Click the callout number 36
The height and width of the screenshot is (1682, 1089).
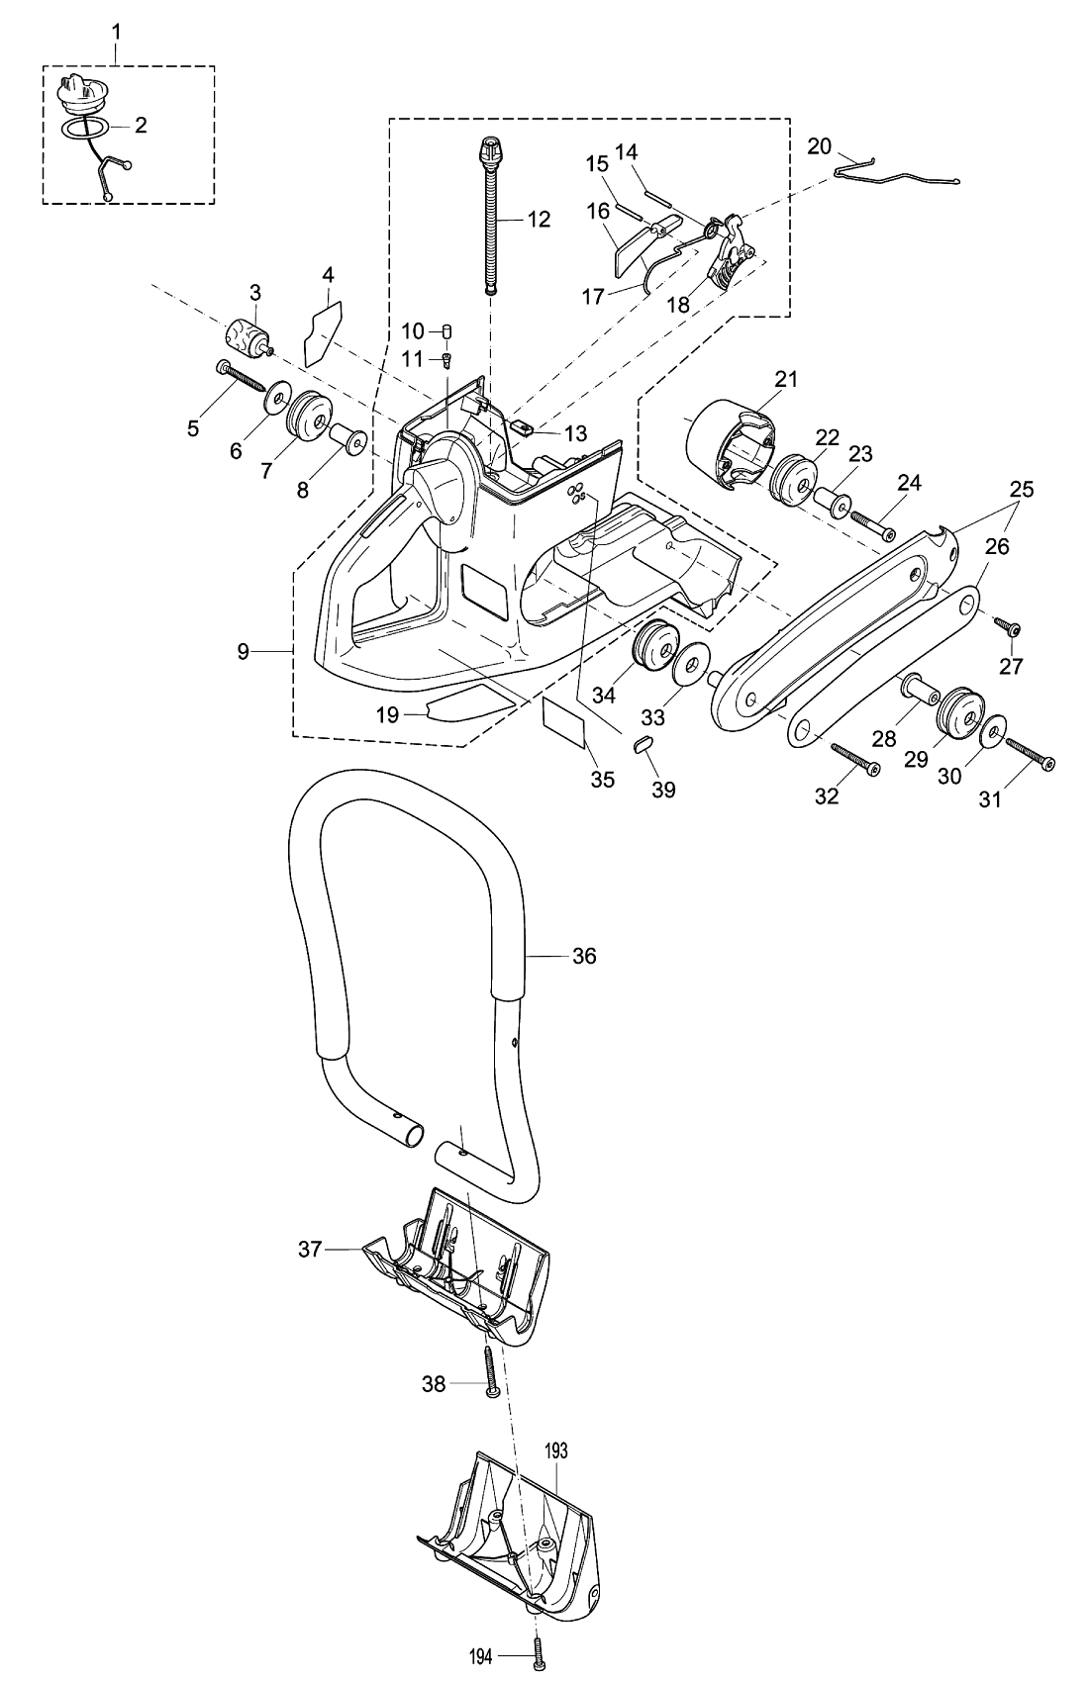(584, 956)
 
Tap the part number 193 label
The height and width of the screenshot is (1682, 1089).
(555, 1450)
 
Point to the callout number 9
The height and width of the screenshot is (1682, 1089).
(244, 652)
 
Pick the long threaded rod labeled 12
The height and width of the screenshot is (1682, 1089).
(491, 218)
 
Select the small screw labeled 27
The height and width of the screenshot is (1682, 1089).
(1009, 627)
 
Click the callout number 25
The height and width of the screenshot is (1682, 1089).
(1021, 489)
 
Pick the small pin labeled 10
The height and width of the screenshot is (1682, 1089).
(445, 329)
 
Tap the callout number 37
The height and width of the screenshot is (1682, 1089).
(310, 1249)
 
